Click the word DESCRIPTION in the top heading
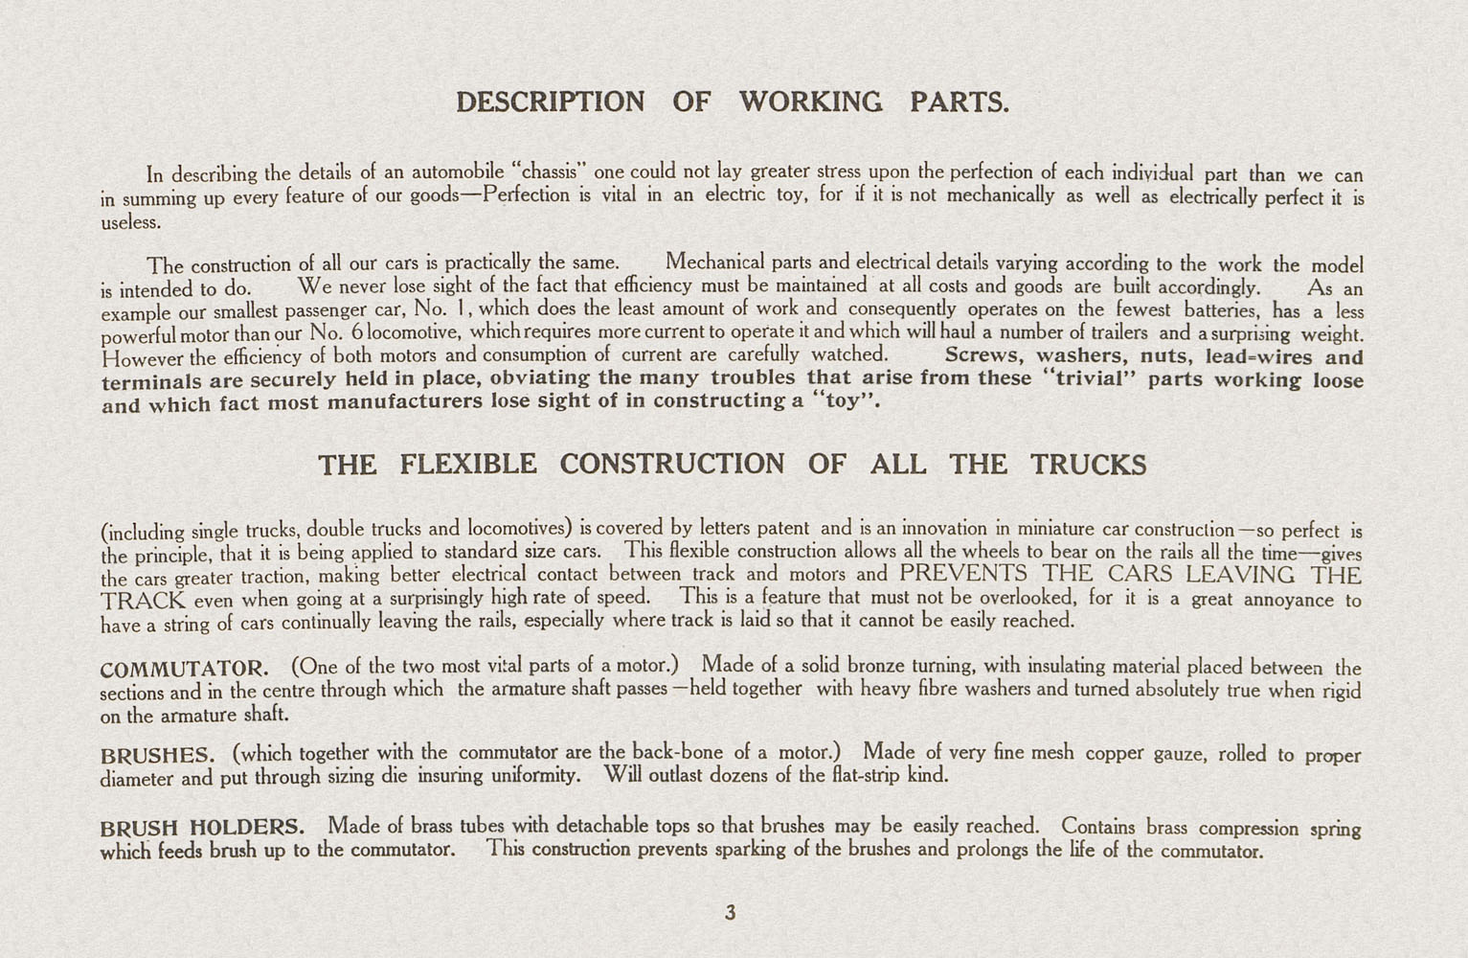(550, 103)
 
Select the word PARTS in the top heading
(960, 103)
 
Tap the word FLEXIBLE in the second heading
(467, 466)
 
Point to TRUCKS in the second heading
(1088, 466)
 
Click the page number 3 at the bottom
(731, 913)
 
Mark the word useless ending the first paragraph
(130, 222)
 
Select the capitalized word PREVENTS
(963, 575)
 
